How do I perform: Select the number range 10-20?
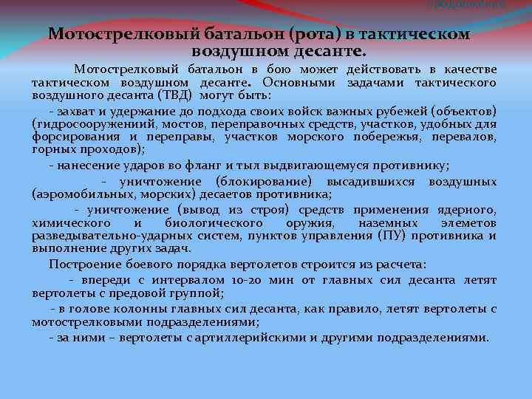[247, 281]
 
